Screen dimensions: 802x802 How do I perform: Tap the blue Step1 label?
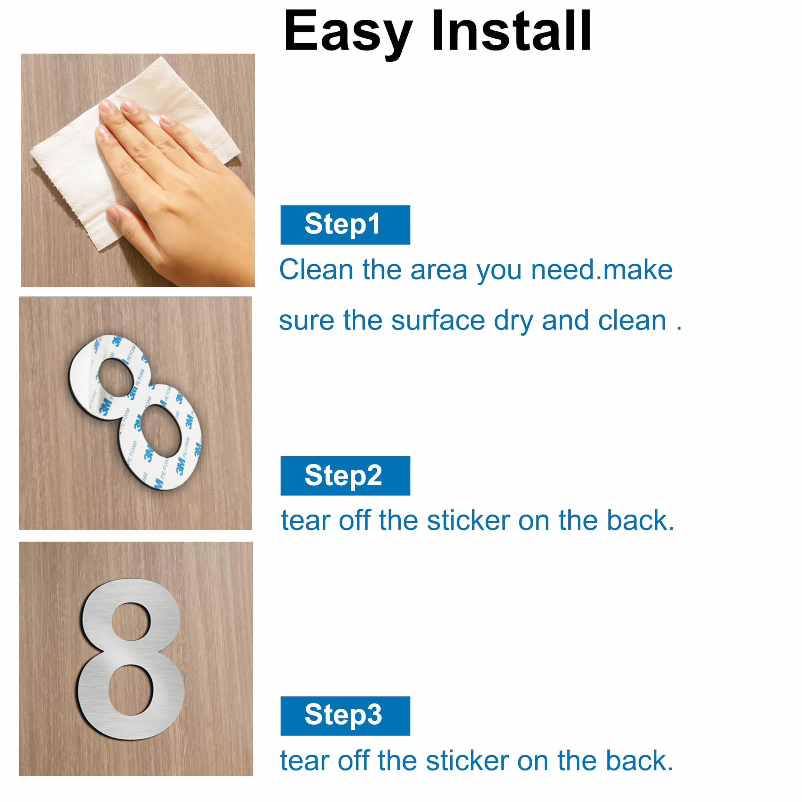pos(345,225)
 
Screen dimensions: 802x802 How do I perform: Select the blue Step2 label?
pos(345,476)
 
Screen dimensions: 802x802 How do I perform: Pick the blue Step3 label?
pos(345,716)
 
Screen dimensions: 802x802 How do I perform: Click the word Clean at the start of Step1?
pos(316,270)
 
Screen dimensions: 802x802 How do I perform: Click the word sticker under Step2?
pos(468,520)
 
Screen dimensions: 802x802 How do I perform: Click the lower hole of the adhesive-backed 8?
pos(161,430)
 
